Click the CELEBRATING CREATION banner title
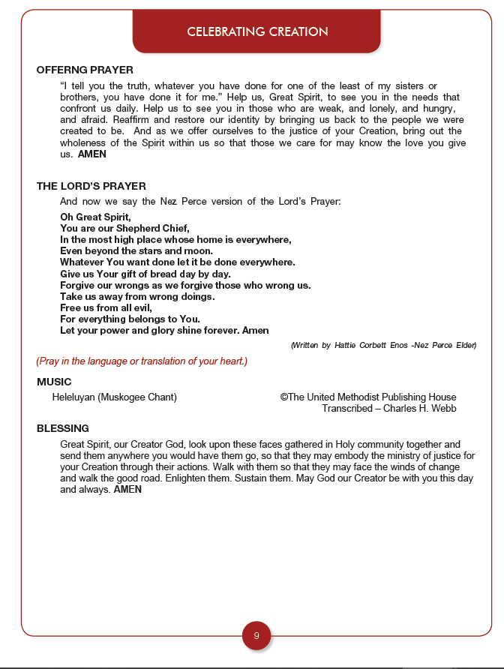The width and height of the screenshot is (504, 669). pos(257,31)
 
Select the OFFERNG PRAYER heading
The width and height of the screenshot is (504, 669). pos(85,70)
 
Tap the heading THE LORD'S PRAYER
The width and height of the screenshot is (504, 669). pos(91,186)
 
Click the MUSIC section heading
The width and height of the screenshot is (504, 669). pos(54,382)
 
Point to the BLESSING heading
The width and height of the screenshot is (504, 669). pos(62,428)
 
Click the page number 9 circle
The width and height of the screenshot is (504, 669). pos(256,636)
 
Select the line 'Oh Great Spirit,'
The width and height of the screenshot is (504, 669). pos(95,217)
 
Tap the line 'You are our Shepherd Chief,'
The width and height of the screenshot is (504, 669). pos(124,229)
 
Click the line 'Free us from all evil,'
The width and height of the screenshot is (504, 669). pos(106,307)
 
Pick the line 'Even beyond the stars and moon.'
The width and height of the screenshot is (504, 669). pos(136,251)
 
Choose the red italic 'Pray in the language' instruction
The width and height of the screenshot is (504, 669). pos(142,361)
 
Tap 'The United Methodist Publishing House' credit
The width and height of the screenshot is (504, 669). pos(372,397)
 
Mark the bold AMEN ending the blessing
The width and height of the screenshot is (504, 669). pos(127,490)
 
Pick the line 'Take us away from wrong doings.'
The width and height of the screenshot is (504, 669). pos(137,296)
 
